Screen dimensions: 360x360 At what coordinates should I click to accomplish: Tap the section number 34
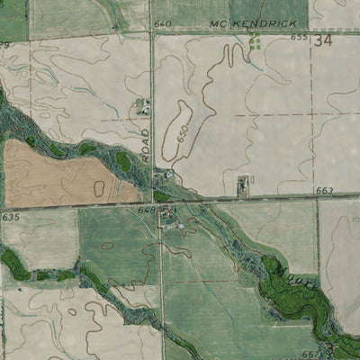(325, 40)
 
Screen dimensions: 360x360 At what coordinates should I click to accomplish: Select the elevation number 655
(299, 38)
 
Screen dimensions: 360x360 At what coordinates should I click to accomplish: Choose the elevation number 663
(325, 191)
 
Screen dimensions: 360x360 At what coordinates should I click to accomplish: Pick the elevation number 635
(10, 217)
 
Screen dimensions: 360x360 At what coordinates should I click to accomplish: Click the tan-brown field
(54, 175)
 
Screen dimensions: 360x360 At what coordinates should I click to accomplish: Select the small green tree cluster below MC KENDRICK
(255, 40)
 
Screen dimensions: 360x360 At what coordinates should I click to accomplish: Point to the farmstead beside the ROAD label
(141, 108)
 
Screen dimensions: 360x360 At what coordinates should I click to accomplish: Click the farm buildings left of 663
(242, 185)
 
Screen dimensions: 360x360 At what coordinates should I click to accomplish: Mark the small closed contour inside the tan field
(98, 187)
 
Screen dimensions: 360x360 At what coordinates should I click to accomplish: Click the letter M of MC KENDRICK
(213, 22)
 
